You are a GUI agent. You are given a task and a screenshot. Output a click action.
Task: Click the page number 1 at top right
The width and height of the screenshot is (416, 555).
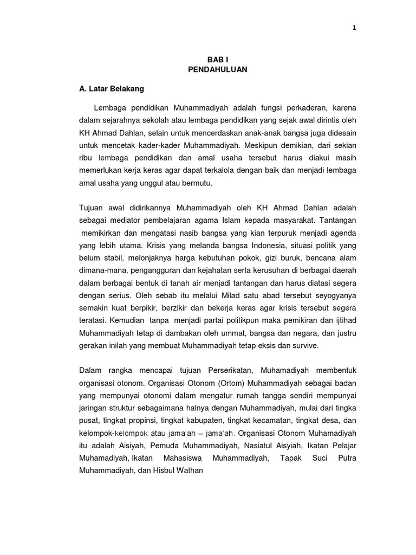pos(354,29)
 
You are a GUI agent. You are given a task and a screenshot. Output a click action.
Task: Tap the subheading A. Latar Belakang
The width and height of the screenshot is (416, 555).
pos(111,88)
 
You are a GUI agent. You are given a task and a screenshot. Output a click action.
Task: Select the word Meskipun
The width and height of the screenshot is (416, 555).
pos(260,146)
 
